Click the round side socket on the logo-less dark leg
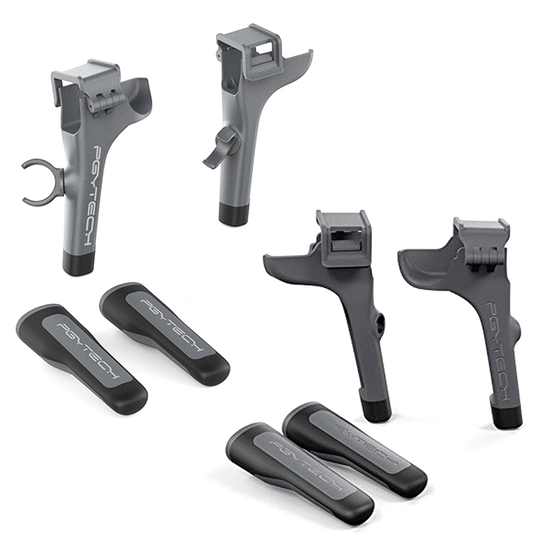381,324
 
